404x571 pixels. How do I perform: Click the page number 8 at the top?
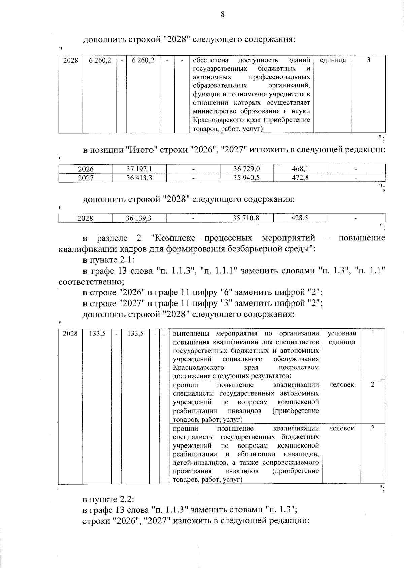pos(222,14)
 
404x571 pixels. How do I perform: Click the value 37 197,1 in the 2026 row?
pos(139,169)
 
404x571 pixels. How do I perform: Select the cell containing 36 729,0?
pos(246,169)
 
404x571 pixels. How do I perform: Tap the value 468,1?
pos(300,169)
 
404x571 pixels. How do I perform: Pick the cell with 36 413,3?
pos(139,178)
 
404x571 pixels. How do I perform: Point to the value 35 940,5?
pos(246,178)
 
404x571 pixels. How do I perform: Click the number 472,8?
pos(300,178)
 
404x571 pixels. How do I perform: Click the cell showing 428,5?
pos(300,218)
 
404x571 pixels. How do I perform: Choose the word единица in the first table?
pos(333,60)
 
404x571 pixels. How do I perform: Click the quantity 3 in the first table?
pos(369,60)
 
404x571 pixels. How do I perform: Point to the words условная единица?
pos(341,338)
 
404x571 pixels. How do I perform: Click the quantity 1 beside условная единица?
pos(373,333)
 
